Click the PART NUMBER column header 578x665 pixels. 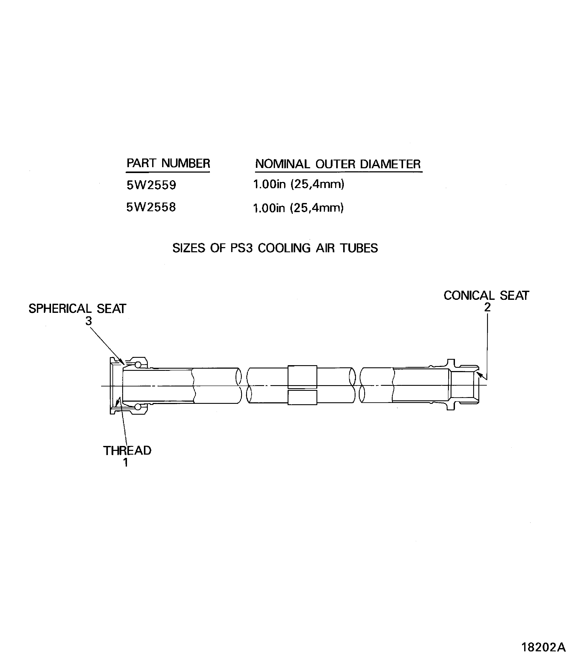click(x=168, y=163)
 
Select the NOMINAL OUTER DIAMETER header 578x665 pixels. click(x=338, y=164)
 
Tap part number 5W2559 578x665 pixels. click(x=151, y=185)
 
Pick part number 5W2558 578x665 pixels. click(x=151, y=207)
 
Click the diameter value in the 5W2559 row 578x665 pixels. click(x=299, y=185)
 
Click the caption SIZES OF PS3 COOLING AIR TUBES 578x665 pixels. click(x=275, y=248)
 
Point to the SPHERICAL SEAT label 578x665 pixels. click(x=77, y=309)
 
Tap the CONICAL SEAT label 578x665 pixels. click(x=486, y=295)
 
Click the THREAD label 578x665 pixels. click(x=127, y=451)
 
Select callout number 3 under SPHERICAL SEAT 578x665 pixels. click(x=88, y=321)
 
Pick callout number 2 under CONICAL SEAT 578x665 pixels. click(x=487, y=307)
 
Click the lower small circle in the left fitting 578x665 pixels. click(x=138, y=407)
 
